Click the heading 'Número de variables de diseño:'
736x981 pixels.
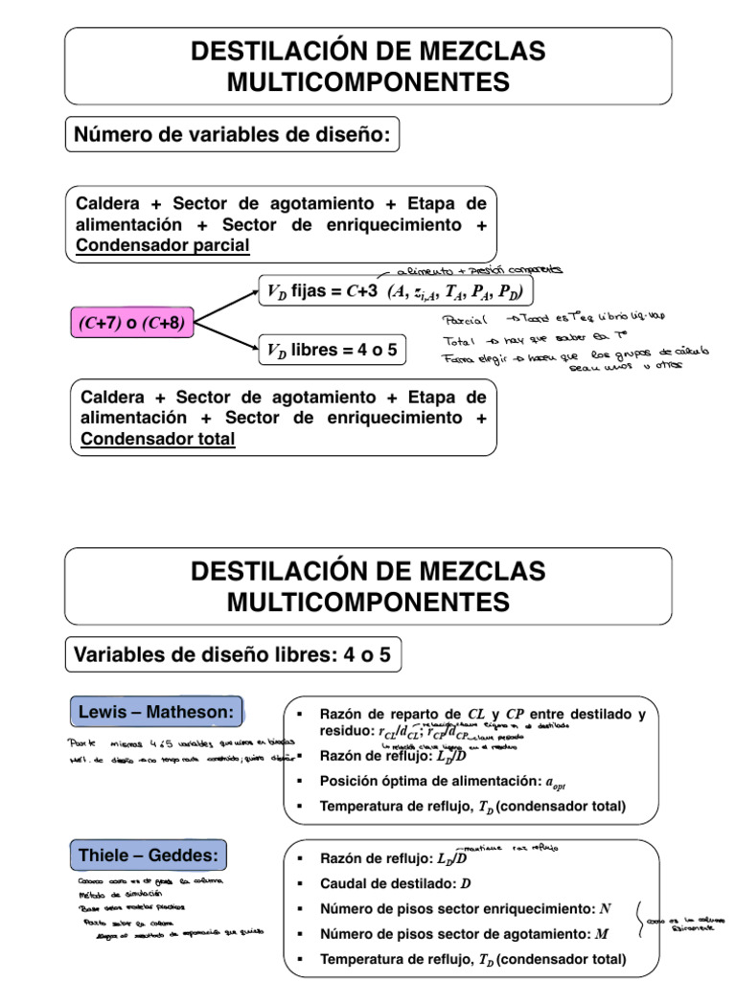coord(232,136)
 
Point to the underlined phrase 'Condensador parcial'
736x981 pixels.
coord(163,245)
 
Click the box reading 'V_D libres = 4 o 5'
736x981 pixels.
coord(332,351)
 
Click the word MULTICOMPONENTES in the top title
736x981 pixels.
coord(368,82)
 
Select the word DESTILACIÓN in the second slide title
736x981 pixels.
coord(272,571)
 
